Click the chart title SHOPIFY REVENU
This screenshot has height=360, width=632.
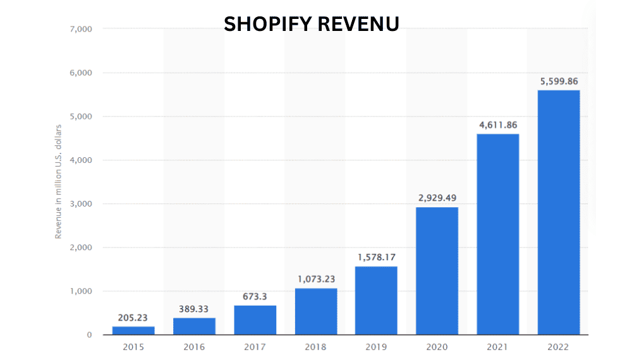click(x=312, y=23)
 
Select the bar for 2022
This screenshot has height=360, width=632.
click(x=558, y=212)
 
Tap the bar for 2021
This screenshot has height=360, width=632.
click(x=497, y=234)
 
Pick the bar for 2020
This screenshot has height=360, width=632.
click(x=437, y=270)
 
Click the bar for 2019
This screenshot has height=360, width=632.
click(x=376, y=300)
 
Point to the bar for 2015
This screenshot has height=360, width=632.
click(x=133, y=330)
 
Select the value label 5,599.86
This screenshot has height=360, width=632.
click(x=558, y=81)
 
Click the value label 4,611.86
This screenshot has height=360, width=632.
click(x=497, y=125)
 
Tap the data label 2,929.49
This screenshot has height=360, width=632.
click(x=437, y=198)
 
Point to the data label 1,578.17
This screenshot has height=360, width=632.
click(x=376, y=257)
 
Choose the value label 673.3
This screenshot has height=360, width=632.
click(x=255, y=297)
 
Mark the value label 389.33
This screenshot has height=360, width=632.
click(x=194, y=309)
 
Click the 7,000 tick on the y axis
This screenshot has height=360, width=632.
click(x=80, y=29)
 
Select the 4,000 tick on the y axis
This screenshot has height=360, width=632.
click(x=80, y=160)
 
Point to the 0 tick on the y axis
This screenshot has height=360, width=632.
click(x=89, y=335)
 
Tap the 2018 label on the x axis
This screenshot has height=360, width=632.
click(x=315, y=347)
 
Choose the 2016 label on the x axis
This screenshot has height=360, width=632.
click(x=194, y=347)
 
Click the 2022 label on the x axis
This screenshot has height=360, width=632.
click(x=558, y=347)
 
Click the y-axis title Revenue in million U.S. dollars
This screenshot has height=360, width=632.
click(x=58, y=182)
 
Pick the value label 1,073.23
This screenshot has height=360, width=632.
click(x=315, y=279)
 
